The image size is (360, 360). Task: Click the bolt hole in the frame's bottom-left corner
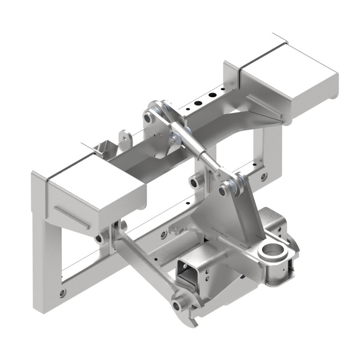coord(62,293)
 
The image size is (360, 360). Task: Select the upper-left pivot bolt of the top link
coord(147,118)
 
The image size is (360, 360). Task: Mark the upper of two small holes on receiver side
coord(206,271)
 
